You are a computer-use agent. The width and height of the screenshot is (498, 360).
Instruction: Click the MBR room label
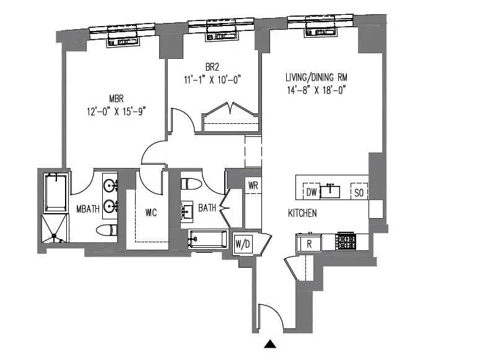(117, 99)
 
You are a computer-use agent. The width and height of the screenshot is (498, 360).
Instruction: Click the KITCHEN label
(302, 213)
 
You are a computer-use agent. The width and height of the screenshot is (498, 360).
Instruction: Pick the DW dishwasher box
(312, 192)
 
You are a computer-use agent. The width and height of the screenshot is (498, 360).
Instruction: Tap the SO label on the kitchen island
(359, 192)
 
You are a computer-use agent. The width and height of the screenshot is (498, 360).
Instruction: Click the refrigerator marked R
(308, 243)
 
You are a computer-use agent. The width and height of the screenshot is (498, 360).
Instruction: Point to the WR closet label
(253, 185)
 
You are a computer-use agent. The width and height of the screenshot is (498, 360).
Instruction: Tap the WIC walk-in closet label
(151, 213)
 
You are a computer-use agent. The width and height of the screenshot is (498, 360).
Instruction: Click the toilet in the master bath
(108, 231)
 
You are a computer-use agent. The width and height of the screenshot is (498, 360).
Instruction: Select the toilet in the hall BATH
(190, 185)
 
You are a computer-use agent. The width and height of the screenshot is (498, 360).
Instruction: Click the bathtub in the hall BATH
(209, 239)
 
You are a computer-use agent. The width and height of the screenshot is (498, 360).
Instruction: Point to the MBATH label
(87, 209)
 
